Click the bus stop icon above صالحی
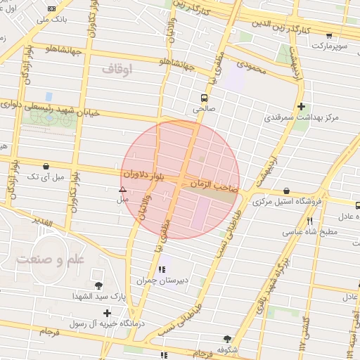(x=204, y=98)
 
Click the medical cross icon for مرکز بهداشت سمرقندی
(x=302, y=107)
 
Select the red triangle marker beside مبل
(x=123, y=189)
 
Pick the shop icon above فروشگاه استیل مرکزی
(x=286, y=191)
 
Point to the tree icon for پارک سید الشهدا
(x=98, y=285)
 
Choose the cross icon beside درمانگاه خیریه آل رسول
(x=107, y=313)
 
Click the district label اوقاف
(x=117, y=70)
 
